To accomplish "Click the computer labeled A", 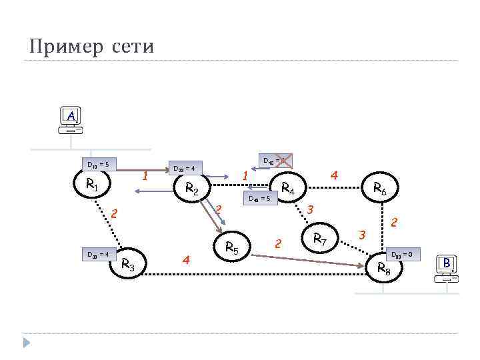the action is [71, 121].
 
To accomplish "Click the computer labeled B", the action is [446, 267].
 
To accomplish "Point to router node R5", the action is [231, 247].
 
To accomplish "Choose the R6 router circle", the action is [379, 190].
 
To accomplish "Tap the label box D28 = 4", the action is [184, 168].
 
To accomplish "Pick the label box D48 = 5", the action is [260, 198].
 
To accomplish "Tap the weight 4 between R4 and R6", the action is [335, 175].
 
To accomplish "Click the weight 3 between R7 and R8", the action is [362, 235].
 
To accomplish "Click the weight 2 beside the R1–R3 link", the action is [114, 214].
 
